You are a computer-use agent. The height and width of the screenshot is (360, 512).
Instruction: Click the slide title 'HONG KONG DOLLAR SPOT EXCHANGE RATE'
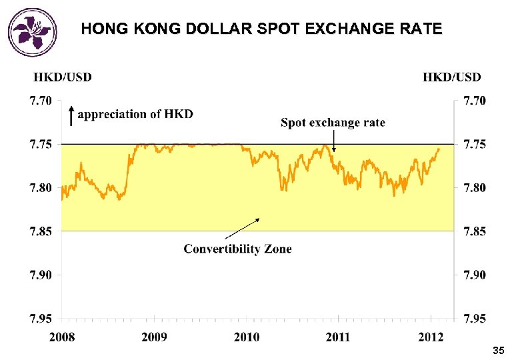[261, 29]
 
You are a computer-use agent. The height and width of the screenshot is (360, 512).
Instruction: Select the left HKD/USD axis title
[63, 77]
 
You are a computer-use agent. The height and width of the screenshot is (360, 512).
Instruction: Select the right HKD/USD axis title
[451, 77]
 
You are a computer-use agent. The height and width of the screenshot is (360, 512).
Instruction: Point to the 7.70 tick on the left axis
[40, 101]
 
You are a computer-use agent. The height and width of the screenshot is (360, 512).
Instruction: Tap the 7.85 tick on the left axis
[40, 231]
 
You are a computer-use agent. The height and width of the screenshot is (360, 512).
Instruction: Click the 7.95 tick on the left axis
[40, 318]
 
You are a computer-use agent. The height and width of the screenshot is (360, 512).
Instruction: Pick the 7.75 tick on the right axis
[475, 145]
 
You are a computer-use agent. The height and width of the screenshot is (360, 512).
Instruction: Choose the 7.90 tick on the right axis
[475, 275]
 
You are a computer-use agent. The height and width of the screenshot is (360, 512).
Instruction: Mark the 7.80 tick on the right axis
[475, 188]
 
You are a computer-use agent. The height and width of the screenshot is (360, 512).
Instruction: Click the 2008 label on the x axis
[62, 337]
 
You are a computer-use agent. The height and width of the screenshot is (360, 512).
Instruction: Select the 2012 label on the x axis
[430, 337]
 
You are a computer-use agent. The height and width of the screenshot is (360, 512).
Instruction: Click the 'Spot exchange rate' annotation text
[333, 123]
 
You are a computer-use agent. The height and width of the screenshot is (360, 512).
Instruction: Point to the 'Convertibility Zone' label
[237, 249]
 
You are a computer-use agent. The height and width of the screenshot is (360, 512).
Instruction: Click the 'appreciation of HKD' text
[136, 114]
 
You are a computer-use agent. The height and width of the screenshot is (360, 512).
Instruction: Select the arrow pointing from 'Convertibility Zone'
[241, 228]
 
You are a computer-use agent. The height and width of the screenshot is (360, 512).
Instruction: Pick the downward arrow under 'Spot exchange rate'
[334, 141]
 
